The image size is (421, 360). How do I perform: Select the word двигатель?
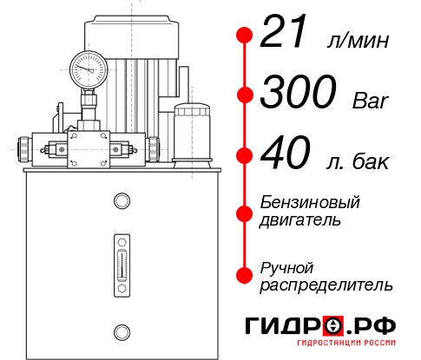pos(300,220)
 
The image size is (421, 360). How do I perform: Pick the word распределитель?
pos(326,285)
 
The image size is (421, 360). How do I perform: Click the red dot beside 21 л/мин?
pos(244,36)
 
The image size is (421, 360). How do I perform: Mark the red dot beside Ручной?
pos(244,275)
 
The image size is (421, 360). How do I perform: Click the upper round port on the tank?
pos(121,202)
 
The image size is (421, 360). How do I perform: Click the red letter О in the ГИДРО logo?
pos(333,325)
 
